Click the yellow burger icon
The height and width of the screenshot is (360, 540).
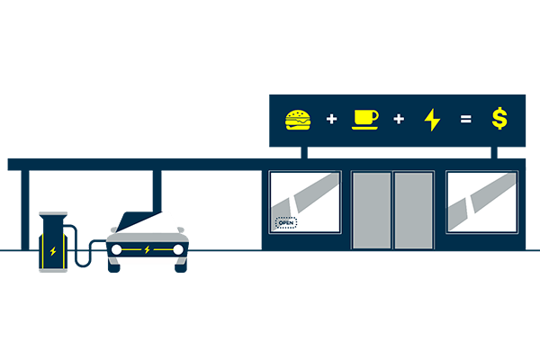click(297, 118)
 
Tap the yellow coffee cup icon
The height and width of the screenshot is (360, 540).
click(364, 116)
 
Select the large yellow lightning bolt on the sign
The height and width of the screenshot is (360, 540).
click(432, 119)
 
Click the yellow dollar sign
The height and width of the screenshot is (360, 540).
click(499, 118)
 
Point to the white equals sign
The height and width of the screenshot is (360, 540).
click(465, 119)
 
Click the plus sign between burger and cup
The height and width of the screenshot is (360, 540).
click(331, 119)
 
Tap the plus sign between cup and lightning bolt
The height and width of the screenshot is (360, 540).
click(399, 119)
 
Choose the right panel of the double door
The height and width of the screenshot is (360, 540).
click(413, 210)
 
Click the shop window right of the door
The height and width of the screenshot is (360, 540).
click(481, 201)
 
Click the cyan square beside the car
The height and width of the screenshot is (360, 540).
click(107, 221)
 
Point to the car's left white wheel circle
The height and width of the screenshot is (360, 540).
click(116, 248)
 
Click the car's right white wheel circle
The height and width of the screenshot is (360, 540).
click(178, 248)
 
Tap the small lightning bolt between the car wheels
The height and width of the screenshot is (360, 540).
click(148, 248)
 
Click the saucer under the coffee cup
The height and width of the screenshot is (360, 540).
click(364, 127)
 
